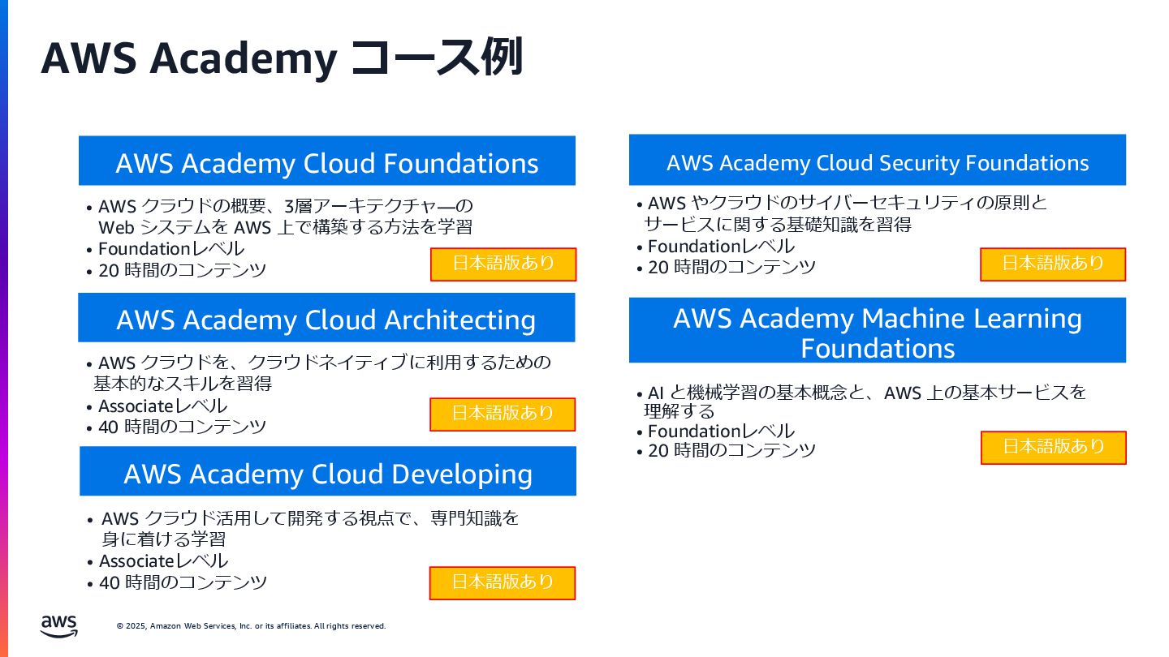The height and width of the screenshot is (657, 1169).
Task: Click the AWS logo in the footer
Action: click(x=58, y=625)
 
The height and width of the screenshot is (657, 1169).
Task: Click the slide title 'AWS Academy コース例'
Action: click(x=282, y=58)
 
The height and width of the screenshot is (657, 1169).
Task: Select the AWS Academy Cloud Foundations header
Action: click(x=326, y=161)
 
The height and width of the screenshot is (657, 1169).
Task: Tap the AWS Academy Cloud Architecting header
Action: click(x=326, y=318)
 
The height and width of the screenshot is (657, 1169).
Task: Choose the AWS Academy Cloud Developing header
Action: click(x=328, y=472)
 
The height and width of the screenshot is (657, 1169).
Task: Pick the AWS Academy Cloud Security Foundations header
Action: click(x=877, y=161)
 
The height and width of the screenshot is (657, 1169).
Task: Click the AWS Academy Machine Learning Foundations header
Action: click(x=877, y=332)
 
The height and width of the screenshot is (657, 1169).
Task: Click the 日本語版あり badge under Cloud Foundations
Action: click(x=503, y=264)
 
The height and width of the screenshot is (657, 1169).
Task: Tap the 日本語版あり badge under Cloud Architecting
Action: click(x=503, y=414)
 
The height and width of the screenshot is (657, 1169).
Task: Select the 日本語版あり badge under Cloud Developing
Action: click(x=503, y=582)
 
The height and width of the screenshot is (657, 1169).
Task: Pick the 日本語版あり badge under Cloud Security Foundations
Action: click(x=1053, y=264)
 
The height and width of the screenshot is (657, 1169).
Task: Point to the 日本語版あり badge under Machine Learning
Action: click(x=1053, y=447)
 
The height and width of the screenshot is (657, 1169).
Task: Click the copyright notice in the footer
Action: click(x=251, y=626)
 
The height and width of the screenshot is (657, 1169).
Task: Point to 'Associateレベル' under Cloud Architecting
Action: click(x=162, y=406)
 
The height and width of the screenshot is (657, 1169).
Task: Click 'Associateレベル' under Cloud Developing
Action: click(x=163, y=560)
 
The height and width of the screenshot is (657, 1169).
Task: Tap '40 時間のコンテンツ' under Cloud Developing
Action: click(x=183, y=582)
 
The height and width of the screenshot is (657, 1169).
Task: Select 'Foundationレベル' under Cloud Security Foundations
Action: click(x=721, y=246)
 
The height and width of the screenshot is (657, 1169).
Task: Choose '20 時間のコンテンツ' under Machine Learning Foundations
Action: click(x=731, y=450)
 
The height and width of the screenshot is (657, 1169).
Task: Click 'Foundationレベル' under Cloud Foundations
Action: click(x=171, y=249)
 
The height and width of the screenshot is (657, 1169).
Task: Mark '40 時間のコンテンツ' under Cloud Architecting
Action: click(x=182, y=426)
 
